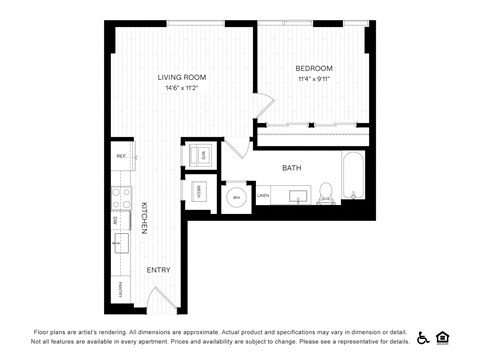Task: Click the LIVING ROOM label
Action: point(182,77)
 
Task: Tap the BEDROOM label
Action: point(314,68)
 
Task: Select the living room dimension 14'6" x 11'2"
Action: point(182,88)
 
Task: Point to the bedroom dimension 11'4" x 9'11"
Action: point(314,79)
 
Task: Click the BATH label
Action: point(291,168)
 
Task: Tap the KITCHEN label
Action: point(144,217)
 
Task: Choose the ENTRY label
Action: point(158,270)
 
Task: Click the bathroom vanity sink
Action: point(297,194)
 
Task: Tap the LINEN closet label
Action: point(263,196)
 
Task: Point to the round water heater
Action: point(237,197)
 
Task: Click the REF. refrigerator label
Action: point(121,157)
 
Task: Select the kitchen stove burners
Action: point(120,196)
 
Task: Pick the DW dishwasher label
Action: point(117,219)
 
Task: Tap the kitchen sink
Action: point(121,243)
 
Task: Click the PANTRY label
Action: point(120,291)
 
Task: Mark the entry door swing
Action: point(165,297)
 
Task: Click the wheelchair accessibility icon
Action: point(424,337)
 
